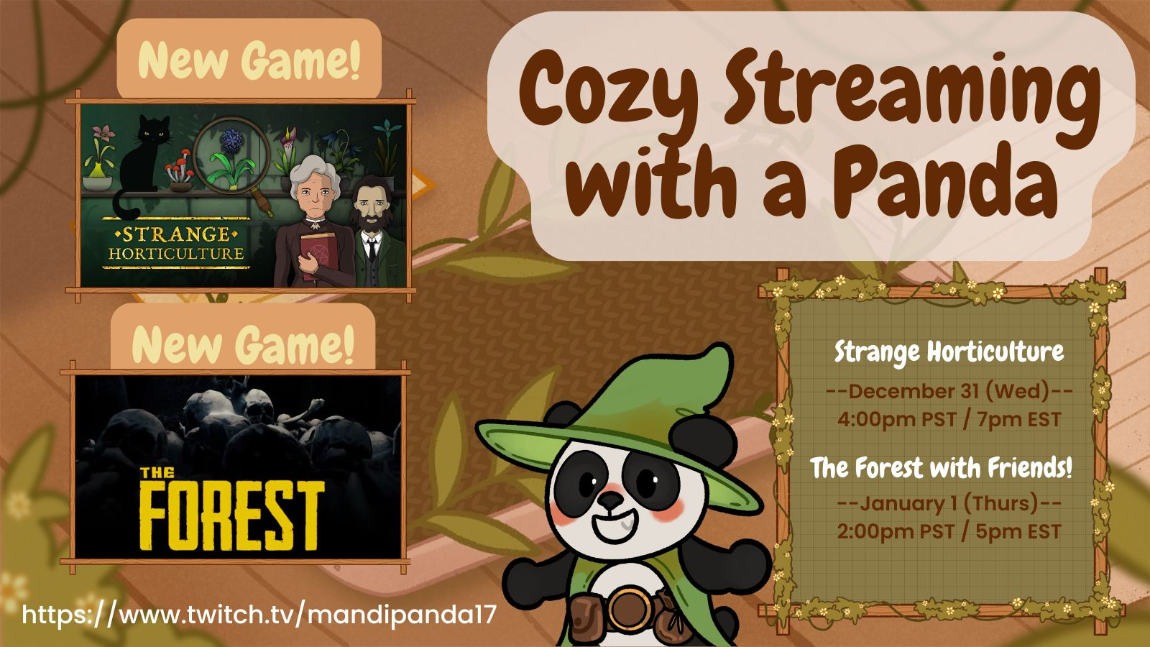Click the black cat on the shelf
pyautogui.click(x=141, y=165)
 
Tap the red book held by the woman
pyautogui.click(x=319, y=256)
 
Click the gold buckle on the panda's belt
pyautogui.click(x=629, y=610)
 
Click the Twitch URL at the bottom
pyautogui.click(x=259, y=615)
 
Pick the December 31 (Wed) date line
pyautogui.click(x=949, y=391)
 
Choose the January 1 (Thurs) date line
pyautogui.click(x=949, y=503)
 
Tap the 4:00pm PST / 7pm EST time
pyautogui.click(x=949, y=420)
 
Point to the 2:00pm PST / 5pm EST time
pyautogui.click(x=949, y=531)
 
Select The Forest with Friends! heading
pyautogui.click(x=941, y=468)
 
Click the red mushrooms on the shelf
pyautogui.click(x=179, y=165)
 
